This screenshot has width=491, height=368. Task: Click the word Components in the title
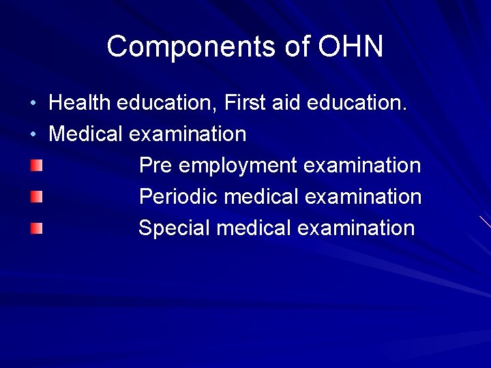(x=192, y=47)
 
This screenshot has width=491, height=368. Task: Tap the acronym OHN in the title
(x=351, y=46)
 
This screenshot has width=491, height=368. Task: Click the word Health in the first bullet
(x=80, y=102)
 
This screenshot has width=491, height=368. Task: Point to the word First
(x=245, y=102)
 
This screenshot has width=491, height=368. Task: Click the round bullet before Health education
(x=33, y=103)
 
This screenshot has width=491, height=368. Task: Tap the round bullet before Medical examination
(x=33, y=134)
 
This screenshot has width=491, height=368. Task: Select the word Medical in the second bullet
(x=85, y=134)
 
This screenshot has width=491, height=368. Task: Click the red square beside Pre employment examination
(x=36, y=166)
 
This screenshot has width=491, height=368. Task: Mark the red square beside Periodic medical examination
(x=36, y=197)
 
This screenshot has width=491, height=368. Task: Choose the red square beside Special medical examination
(x=36, y=228)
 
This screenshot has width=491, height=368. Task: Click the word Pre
(x=155, y=165)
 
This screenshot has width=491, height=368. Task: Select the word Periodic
(x=178, y=196)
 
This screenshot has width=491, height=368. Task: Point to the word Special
(x=174, y=228)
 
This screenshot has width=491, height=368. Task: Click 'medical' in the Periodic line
(x=261, y=196)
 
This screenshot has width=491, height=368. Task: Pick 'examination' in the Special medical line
(x=356, y=228)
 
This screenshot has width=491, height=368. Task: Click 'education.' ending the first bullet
(x=357, y=102)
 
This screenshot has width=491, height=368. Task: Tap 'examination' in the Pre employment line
(x=362, y=165)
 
